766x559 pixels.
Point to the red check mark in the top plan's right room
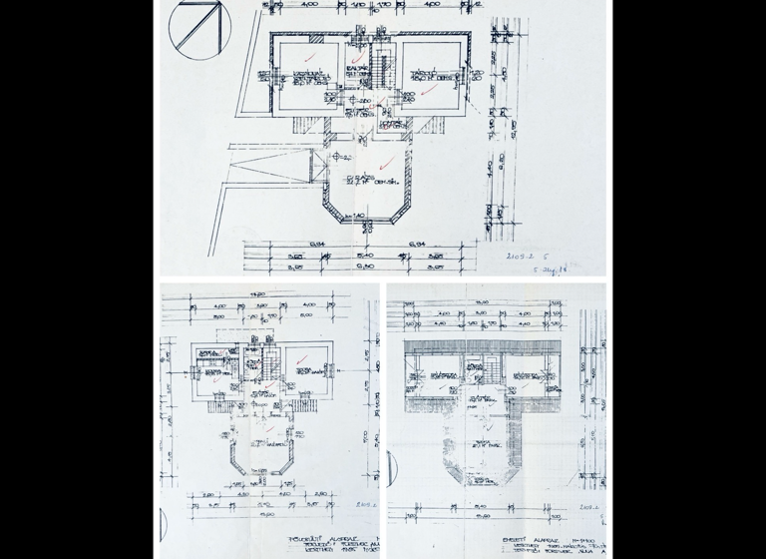point(428,90)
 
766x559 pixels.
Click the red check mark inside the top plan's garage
point(387,160)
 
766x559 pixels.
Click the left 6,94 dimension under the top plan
point(318,244)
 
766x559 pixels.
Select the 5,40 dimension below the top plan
point(365,256)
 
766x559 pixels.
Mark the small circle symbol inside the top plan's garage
point(340,155)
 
